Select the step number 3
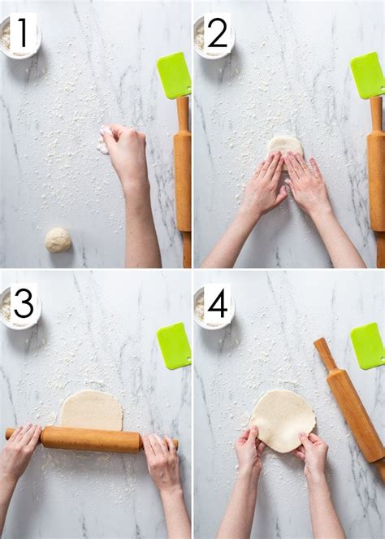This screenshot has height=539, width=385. (23, 303)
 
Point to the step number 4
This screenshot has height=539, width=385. (217, 303)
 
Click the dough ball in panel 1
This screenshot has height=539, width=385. (58, 239)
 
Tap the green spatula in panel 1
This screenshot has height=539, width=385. (174, 76)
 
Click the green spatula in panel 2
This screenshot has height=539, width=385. (367, 76)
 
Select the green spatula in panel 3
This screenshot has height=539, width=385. (174, 346)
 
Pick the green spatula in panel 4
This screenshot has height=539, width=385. (367, 346)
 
